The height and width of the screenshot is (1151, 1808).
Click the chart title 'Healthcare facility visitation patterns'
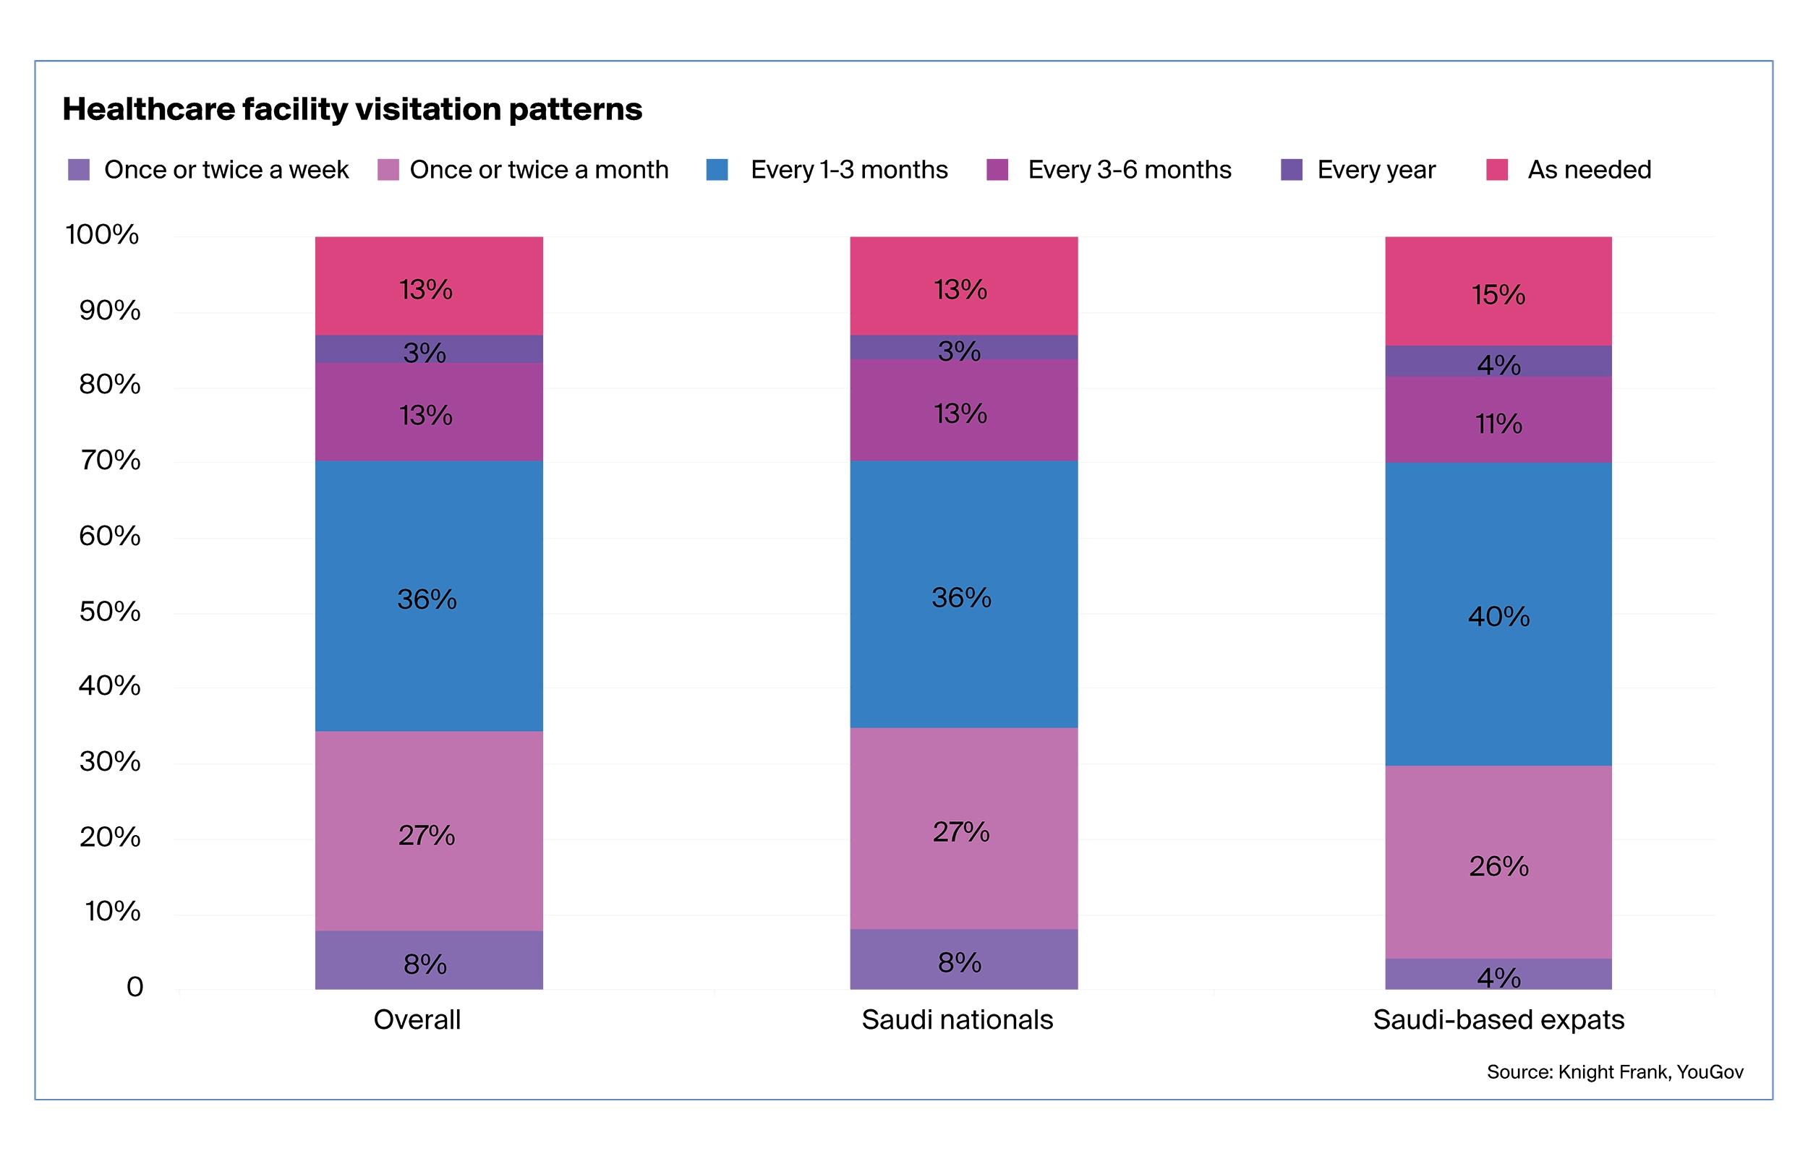coord(352,110)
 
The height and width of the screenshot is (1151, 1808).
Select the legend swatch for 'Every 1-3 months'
coord(717,170)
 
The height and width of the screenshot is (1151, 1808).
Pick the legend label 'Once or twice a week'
coord(226,170)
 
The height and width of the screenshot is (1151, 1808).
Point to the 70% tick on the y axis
coord(110,461)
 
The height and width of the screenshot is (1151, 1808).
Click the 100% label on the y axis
coord(102,235)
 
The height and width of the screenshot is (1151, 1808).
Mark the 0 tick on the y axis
coord(135,987)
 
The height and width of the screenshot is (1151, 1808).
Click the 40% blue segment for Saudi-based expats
coord(1498,616)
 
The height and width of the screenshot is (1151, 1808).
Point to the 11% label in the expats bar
coord(1498,424)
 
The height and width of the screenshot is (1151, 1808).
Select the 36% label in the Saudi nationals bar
coord(961,598)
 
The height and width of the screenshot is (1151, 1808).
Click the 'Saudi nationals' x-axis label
coord(957,1019)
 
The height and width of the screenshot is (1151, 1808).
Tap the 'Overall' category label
coord(417,1019)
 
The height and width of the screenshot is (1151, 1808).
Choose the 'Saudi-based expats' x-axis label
coord(1498,1019)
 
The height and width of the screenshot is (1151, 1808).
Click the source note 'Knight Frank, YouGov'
coord(1650,1072)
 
